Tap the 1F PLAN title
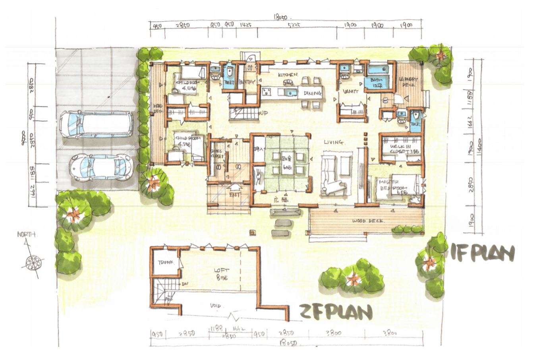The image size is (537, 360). pos(482,253)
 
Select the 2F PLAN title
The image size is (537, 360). pos(336,312)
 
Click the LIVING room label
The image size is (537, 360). pos(334,142)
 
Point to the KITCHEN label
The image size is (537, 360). pos(288,75)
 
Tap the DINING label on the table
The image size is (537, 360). pos(313,93)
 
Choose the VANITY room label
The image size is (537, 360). pos(351,91)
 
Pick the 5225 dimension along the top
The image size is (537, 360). pos(294,25)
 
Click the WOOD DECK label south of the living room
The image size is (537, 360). pos(368,221)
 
